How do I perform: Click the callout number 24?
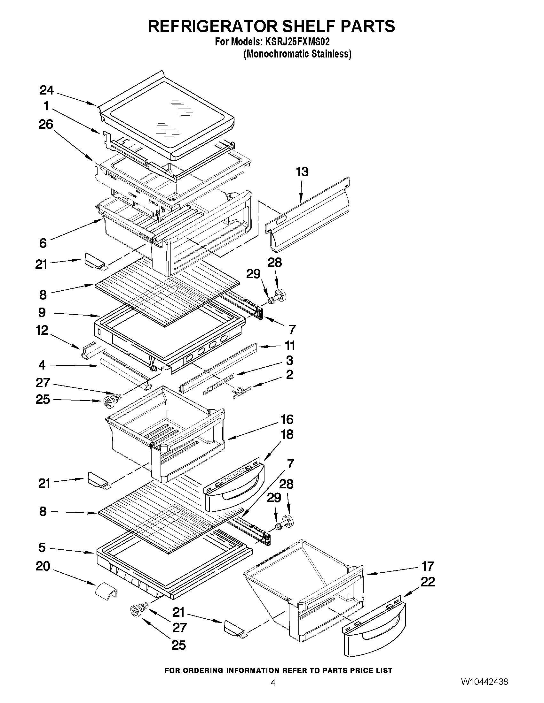[47, 90]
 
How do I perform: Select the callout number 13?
[302, 172]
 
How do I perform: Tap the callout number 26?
[46, 124]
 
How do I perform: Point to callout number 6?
[43, 243]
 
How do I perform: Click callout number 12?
[42, 330]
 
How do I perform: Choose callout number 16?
[287, 419]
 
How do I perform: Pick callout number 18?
[287, 435]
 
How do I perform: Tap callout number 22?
[428, 582]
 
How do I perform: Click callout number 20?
[43, 566]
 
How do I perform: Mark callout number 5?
[42, 547]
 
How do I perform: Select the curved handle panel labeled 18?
[234, 489]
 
